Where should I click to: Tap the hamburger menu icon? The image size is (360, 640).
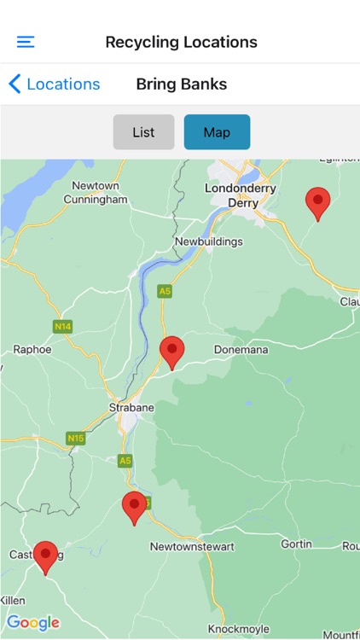pos(26,42)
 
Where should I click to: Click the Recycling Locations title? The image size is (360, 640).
pos(181,42)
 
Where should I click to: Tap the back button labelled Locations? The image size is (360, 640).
pos(55,84)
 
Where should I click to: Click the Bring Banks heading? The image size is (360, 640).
pos(181,84)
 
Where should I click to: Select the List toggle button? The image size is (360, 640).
pos(143,132)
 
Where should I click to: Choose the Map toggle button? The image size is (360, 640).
pos(217,132)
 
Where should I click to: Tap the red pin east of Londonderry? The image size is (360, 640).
pos(317,203)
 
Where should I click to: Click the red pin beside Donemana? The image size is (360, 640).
pos(172,352)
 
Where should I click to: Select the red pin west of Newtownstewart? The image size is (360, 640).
pos(134,507)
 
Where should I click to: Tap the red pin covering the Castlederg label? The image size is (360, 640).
pos(45,556)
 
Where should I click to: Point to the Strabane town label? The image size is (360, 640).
pos(131,407)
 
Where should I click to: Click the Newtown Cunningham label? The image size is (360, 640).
pos(95,193)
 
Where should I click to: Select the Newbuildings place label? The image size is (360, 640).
pos(208,241)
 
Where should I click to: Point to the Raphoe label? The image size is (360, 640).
pos(32,349)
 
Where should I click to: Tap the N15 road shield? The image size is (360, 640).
pos(76,438)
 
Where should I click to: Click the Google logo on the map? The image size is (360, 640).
pos(33,622)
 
